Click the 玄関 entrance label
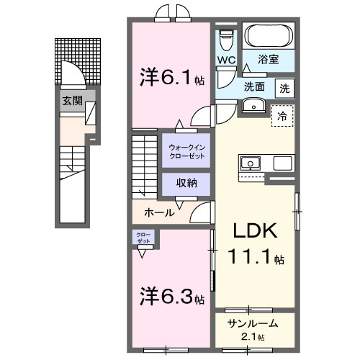point(71,100)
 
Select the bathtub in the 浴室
point(268,35)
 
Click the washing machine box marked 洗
point(284,89)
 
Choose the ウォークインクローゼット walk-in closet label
point(186,151)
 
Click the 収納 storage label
point(186,184)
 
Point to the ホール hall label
point(158,212)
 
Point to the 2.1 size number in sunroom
point(252,336)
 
